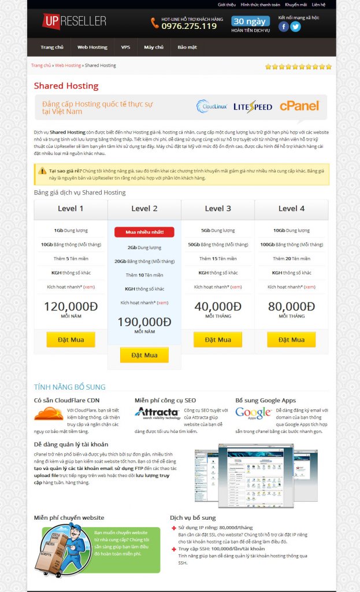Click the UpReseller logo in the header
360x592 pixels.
click(x=74, y=22)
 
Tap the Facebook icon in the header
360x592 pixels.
click(x=283, y=26)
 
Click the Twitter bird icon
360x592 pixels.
click(x=295, y=26)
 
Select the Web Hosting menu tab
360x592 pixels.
click(x=92, y=47)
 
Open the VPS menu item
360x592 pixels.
click(x=125, y=47)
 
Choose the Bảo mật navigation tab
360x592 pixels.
click(x=187, y=47)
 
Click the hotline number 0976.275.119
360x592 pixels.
click(x=189, y=26)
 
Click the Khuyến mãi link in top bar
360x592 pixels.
click(x=295, y=4)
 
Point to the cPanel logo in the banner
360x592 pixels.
click(x=299, y=106)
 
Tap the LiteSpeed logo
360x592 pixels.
click(x=253, y=106)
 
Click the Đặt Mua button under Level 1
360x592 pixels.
click(x=70, y=339)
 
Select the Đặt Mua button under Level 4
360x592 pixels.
click(x=291, y=339)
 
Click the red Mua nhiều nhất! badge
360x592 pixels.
click(x=144, y=232)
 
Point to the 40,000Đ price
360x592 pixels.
click(x=217, y=306)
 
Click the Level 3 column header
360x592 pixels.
click(x=217, y=209)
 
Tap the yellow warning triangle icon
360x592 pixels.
click(x=42, y=171)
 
